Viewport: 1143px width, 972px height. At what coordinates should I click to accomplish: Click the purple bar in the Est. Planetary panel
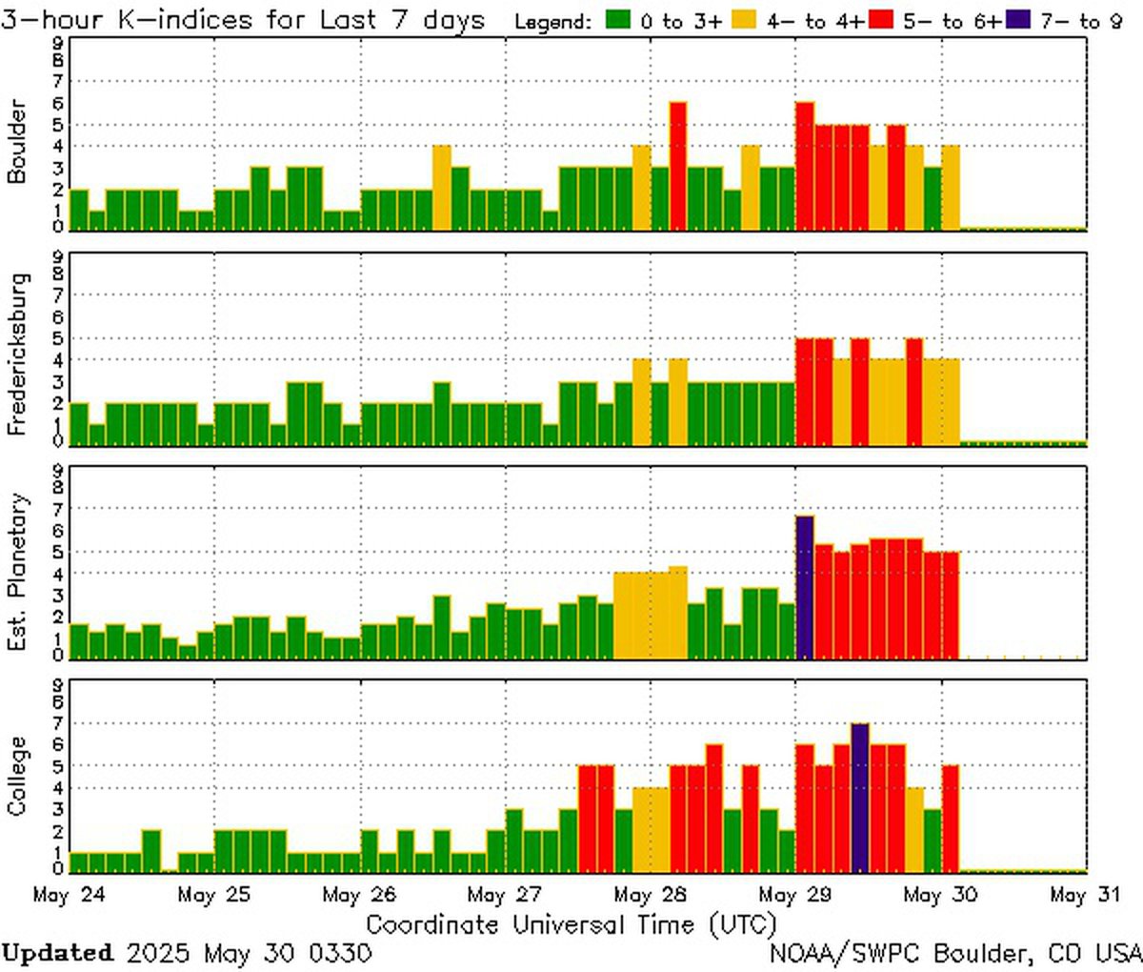point(805,586)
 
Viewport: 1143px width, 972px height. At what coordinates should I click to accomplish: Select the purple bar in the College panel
point(859,798)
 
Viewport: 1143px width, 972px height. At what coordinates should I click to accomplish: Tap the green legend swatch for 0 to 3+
point(620,21)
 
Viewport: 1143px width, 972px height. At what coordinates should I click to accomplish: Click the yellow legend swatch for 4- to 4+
point(743,21)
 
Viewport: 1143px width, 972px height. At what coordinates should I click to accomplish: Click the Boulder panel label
point(17,140)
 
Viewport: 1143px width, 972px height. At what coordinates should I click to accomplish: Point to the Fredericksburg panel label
point(17,354)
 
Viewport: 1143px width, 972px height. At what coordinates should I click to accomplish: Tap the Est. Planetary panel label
point(17,572)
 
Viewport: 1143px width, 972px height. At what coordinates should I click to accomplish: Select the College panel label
point(17,776)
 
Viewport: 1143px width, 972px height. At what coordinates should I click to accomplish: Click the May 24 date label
point(69,896)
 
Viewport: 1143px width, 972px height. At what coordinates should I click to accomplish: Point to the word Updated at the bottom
point(57,953)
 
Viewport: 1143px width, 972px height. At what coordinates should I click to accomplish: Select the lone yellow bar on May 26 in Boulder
point(442,188)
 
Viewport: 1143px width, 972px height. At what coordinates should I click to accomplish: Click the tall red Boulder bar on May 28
point(677,166)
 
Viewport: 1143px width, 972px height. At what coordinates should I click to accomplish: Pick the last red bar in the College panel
point(950,819)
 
